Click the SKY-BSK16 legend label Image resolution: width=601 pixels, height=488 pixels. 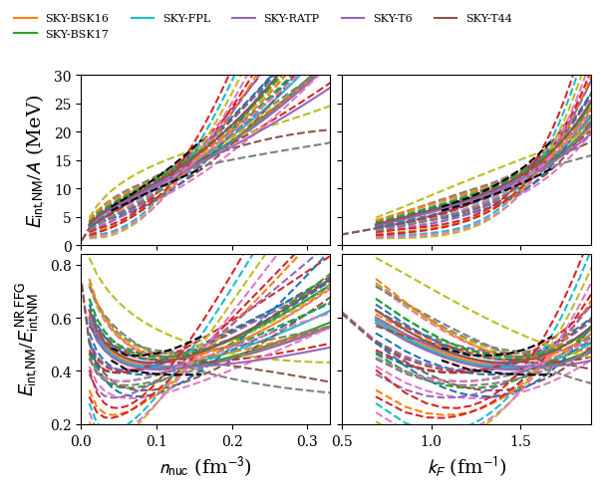click(77, 19)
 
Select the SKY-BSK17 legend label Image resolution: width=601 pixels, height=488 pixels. click(77, 34)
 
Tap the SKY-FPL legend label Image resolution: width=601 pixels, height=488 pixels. click(186, 19)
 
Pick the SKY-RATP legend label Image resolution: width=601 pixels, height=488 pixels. click(291, 19)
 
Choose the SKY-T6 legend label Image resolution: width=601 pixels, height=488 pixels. click(393, 19)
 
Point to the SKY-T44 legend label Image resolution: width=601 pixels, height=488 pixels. click(488, 19)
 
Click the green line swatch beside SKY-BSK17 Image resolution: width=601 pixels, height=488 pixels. click(25, 34)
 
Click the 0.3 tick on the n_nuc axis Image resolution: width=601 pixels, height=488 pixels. click(308, 439)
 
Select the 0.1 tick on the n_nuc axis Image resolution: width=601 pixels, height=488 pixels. click(156, 439)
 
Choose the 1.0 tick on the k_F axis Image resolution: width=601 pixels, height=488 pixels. click(431, 439)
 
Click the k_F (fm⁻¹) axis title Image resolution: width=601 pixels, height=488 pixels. click(466, 466)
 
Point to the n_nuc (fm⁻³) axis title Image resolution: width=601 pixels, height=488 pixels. click(205, 466)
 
